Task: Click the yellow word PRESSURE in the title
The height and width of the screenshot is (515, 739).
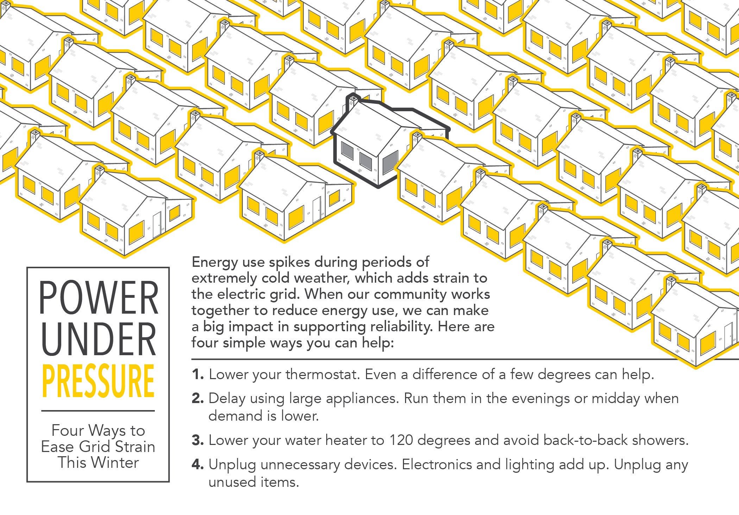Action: click(98, 381)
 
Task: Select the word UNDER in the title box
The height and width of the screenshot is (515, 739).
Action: click(99, 339)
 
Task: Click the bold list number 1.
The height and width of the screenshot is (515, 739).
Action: click(198, 374)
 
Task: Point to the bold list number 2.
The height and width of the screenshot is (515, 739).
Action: click(198, 398)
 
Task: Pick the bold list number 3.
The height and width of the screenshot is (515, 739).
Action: click(198, 440)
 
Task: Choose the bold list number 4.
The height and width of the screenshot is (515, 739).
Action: click(198, 464)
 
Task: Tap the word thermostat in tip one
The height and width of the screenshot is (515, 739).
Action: click(323, 374)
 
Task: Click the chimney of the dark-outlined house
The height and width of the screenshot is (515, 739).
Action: click(353, 99)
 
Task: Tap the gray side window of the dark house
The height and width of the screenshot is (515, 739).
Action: click(390, 162)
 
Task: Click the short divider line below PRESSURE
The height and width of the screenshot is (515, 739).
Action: click(98, 410)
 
